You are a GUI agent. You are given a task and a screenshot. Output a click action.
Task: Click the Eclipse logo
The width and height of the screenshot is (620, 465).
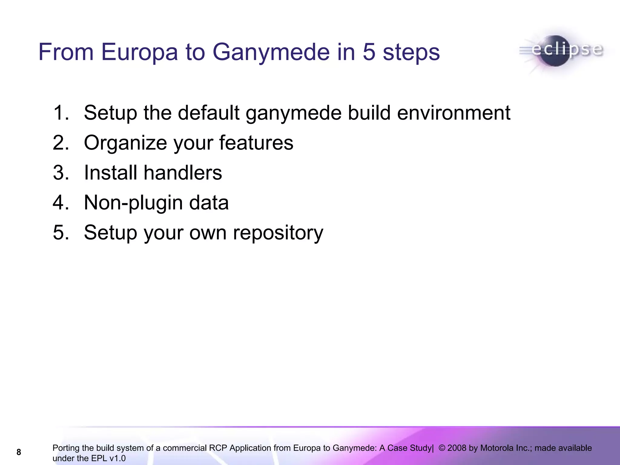(x=563, y=51)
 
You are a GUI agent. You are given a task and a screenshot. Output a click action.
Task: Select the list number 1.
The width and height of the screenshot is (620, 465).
(x=61, y=113)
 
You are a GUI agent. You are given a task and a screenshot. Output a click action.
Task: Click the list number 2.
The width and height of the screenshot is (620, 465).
(x=61, y=143)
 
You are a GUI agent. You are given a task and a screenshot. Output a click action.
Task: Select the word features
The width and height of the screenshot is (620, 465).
(x=256, y=143)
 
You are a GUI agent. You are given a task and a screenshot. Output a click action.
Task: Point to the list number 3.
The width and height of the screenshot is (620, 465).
(x=61, y=173)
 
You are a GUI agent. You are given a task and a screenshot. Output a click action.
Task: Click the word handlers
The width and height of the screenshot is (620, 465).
(x=183, y=173)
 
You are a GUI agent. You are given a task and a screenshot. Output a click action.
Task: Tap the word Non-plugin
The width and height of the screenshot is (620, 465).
(x=133, y=203)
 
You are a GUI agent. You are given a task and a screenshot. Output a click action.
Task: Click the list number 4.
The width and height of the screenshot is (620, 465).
(x=61, y=203)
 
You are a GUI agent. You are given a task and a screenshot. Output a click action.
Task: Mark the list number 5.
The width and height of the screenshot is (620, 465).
(x=61, y=232)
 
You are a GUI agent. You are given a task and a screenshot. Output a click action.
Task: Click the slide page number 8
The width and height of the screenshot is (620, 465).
(x=19, y=452)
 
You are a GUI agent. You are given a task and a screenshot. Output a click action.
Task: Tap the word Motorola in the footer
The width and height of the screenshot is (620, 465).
(x=499, y=448)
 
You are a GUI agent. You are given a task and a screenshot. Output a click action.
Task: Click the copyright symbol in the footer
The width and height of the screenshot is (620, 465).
(x=442, y=448)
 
